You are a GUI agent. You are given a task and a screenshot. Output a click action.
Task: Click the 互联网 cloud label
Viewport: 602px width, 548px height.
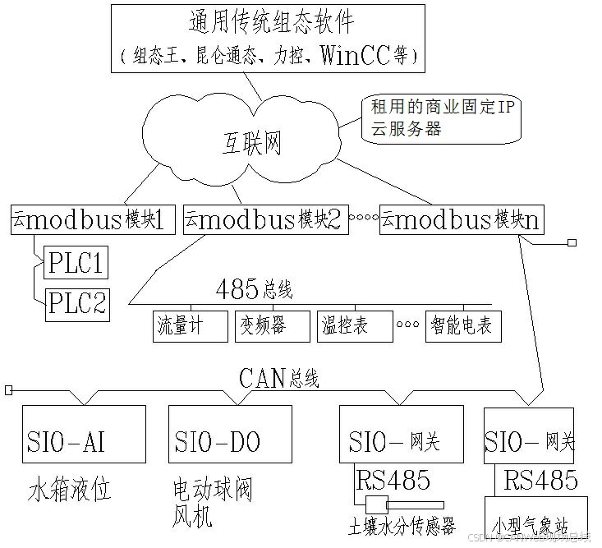(251, 145)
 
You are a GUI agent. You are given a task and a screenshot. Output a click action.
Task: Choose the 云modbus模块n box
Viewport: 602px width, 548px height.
(462, 219)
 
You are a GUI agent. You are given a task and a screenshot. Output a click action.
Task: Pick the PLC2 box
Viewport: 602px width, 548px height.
(77, 304)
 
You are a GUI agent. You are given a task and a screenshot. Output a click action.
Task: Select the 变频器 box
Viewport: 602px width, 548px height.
(271, 326)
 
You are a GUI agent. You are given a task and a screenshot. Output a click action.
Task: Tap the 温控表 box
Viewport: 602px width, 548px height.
(353, 326)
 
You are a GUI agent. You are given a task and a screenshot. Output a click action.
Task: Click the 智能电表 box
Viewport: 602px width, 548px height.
(462, 326)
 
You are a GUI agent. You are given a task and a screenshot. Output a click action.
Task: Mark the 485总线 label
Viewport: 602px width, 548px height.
(254, 290)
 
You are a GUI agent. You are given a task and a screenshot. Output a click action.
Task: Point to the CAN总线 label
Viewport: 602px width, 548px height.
(278, 378)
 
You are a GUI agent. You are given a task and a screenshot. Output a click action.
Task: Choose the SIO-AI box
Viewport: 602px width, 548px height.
(85, 441)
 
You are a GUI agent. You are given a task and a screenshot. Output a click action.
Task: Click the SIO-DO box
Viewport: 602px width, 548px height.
(230, 441)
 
